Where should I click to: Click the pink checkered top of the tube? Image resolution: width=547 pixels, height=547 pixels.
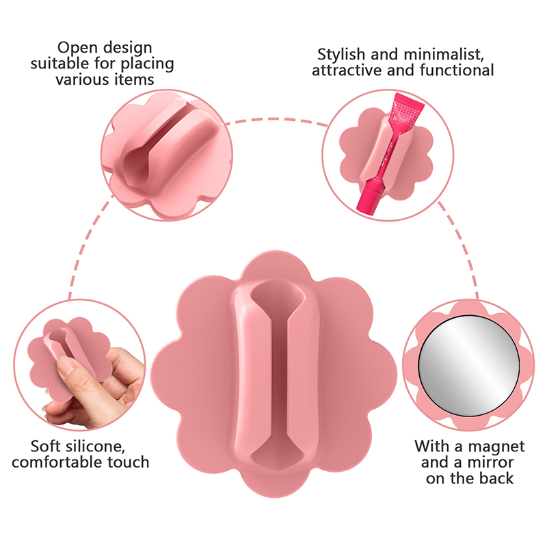(x=404, y=110)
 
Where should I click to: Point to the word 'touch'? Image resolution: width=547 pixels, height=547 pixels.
(x=129, y=462)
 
